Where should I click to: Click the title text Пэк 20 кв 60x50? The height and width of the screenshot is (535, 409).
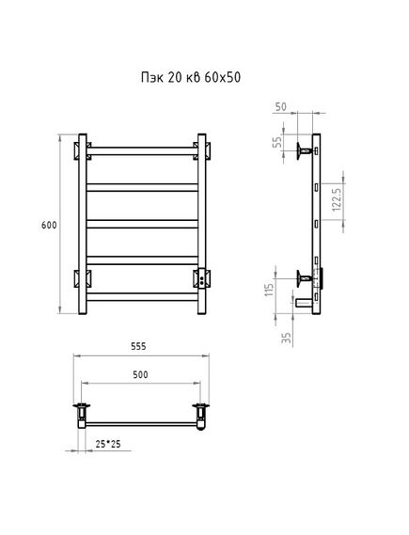click(191, 77)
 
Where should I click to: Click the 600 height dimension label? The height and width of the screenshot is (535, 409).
click(49, 226)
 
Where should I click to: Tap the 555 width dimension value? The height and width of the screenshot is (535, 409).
click(138, 346)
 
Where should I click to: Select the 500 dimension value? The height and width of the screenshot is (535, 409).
click(140, 374)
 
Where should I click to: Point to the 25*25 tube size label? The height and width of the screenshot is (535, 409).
click(108, 444)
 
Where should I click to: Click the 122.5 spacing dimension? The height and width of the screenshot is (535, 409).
click(337, 199)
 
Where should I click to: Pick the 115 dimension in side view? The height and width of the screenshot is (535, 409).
click(270, 290)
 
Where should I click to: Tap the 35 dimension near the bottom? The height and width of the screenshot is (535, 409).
click(287, 338)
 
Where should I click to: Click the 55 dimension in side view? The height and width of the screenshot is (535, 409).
click(279, 142)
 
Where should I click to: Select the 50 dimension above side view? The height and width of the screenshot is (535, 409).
click(281, 107)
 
